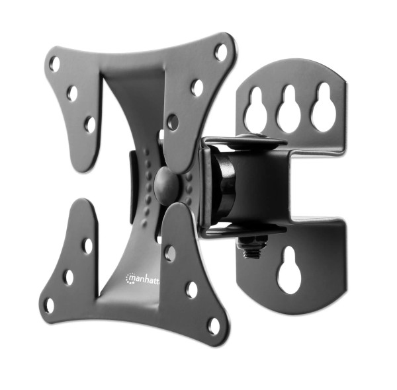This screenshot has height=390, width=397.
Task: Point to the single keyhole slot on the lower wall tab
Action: [x=289, y=270]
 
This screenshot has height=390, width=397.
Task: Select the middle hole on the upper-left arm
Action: [x=72, y=93]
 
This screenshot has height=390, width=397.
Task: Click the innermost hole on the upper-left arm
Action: [x=90, y=124]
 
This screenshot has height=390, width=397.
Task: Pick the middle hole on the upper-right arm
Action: [x=197, y=87]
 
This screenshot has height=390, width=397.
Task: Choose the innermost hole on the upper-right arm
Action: [x=173, y=122]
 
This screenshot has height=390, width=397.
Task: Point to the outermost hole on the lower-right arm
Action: [x=213, y=325]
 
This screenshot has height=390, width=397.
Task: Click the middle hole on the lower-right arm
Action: [x=191, y=290]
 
